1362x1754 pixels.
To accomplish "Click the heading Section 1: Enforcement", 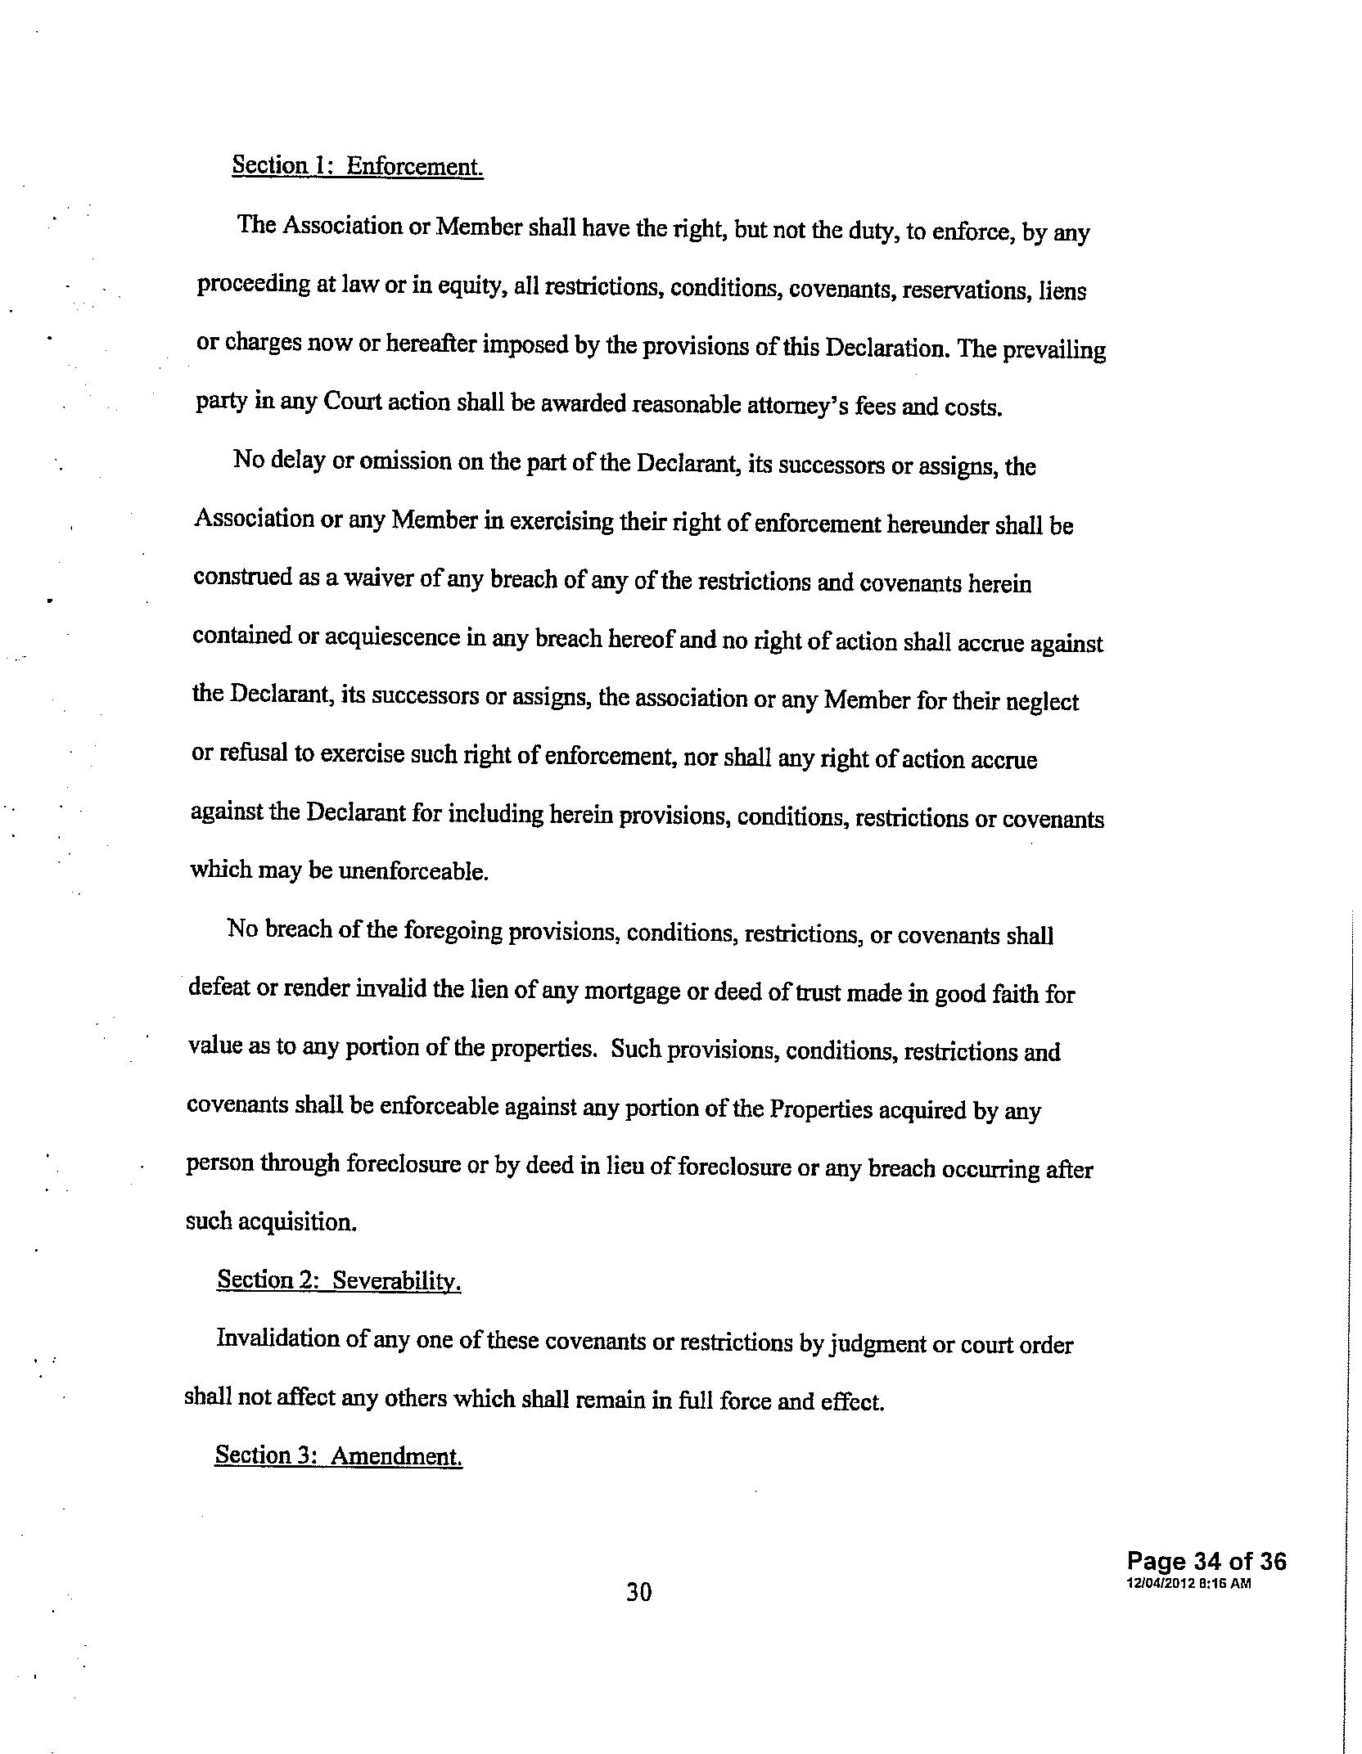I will pos(358,166).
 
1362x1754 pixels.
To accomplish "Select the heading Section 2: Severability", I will pos(339,1280).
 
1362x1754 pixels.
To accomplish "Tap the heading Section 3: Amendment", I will pos(338,1455).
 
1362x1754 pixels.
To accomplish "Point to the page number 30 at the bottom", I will pos(638,1591).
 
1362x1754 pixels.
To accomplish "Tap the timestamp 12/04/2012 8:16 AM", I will pos(1188,1583).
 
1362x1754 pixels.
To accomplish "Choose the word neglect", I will pos(1041,702).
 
